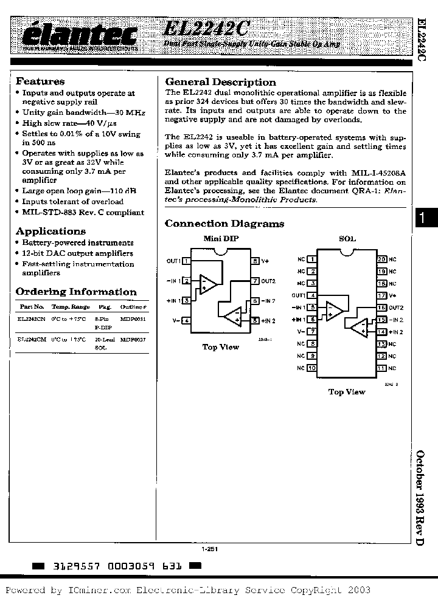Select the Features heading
click(40, 81)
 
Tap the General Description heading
click(220, 82)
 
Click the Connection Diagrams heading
click(224, 224)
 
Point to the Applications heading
click(50, 232)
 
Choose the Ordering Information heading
click(76, 292)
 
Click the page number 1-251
click(210, 549)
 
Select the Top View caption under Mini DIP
click(220, 347)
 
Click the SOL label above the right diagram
click(347, 239)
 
